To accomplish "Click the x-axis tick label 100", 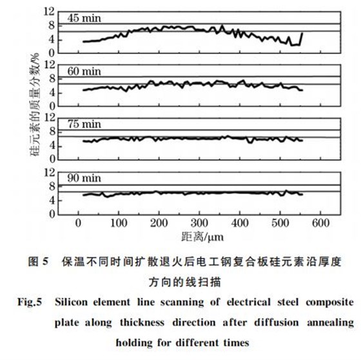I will pos(119,223).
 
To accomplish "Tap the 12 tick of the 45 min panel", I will pos(47,11).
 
